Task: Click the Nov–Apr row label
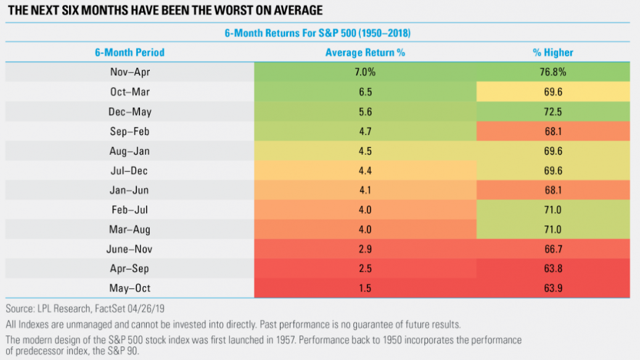[x=129, y=72]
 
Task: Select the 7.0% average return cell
[x=365, y=72]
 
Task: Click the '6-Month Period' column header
[x=129, y=52]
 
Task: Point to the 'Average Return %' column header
[x=365, y=52]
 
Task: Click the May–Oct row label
[x=129, y=288]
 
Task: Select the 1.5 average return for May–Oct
[x=365, y=288]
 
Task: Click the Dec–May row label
[x=129, y=112]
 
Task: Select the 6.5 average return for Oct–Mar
[x=365, y=92]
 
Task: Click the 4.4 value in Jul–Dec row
[x=365, y=170]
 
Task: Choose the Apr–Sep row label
[x=129, y=269]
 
